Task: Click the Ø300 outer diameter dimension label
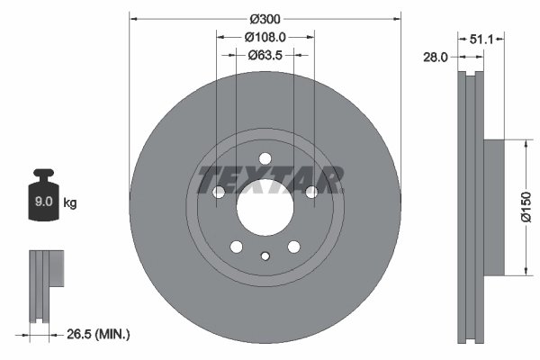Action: tap(265, 19)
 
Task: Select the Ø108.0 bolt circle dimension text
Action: tap(265, 38)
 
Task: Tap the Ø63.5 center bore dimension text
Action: tap(265, 55)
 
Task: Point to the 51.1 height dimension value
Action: tap(482, 39)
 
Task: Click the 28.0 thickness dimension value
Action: tap(436, 57)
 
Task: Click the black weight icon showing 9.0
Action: tap(43, 198)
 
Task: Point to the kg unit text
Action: tap(70, 203)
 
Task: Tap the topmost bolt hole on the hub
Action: tap(265, 159)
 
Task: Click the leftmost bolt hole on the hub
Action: tap(219, 192)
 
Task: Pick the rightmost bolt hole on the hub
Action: tap(311, 192)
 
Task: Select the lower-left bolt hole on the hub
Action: tap(237, 247)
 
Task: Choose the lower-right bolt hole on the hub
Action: tap(293, 247)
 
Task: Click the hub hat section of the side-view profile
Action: tap(493, 208)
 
